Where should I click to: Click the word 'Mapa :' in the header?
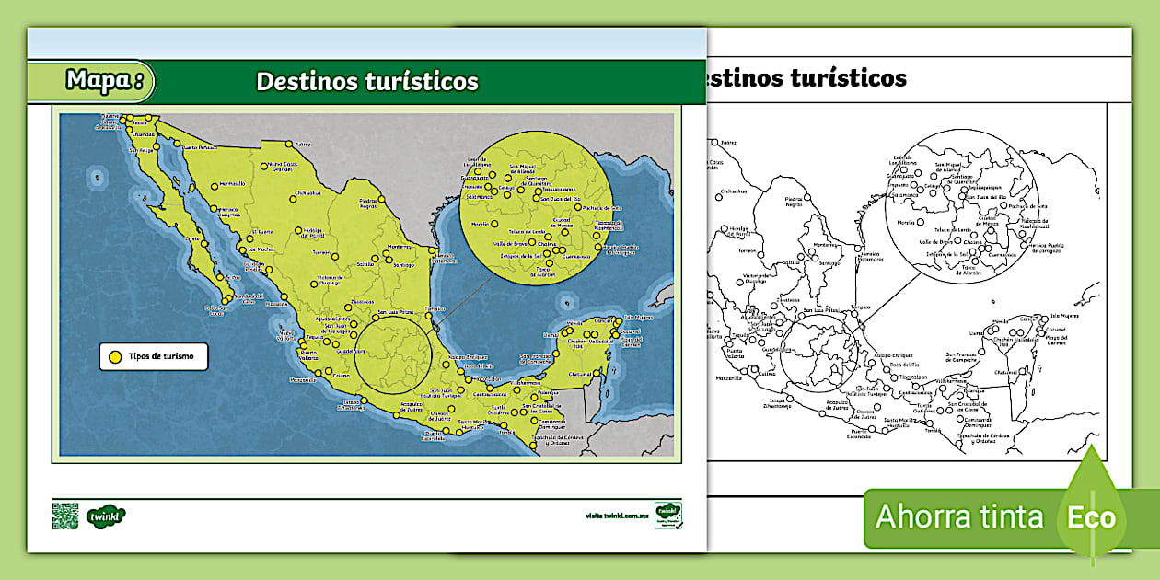(103, 81)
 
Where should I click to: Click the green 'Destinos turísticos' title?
(367, 82)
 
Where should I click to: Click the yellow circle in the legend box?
(115, 356)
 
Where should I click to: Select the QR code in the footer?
(64, 516)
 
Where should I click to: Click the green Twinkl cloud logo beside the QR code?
(106, 516)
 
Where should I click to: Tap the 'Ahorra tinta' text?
(959, 516)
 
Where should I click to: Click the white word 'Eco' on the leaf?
(1092, 517)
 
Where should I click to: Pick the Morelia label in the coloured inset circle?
(479, 224)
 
